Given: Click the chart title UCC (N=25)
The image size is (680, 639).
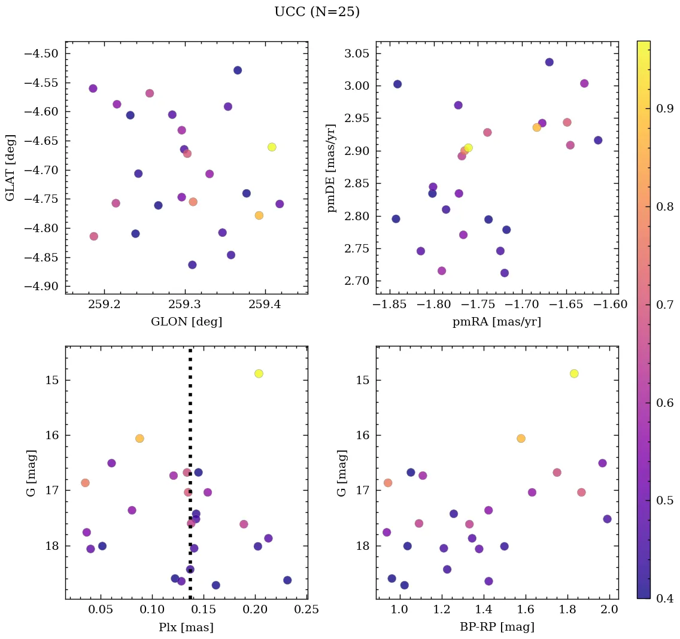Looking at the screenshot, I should point(317,12).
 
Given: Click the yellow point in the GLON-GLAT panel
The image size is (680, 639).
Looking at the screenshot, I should point(272,147).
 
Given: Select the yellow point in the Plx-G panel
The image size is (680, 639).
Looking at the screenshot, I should point(259,373).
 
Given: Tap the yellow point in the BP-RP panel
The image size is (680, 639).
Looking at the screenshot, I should point(574,373).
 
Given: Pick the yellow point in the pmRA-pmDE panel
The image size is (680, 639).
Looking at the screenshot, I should point(468,148).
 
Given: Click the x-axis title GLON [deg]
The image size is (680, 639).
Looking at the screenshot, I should point(187,322).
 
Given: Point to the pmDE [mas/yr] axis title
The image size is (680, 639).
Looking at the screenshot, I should point(331,168).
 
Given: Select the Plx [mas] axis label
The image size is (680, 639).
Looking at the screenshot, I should point(186,627).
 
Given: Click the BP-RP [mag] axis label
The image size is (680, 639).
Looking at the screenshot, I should point(497,627).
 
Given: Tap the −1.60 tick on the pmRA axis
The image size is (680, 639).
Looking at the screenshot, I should point(611,305).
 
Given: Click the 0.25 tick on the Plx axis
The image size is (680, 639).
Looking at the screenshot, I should point(307,610).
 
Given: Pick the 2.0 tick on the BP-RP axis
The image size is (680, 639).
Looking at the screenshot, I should point(610,610).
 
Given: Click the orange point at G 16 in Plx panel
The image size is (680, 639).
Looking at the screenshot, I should point(139,439).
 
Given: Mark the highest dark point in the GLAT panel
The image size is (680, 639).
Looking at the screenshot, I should point(238,71).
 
